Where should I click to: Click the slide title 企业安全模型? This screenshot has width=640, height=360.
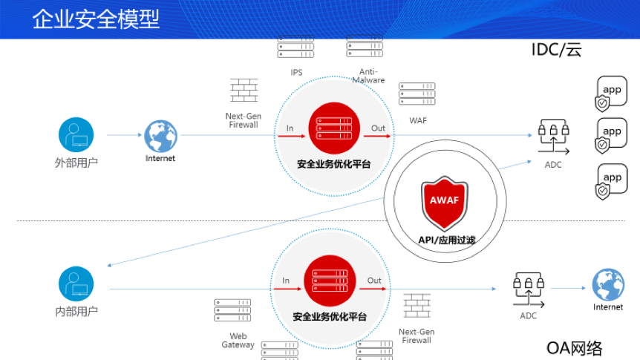pos(96,19)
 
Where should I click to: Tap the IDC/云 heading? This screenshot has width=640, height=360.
pos(556,50)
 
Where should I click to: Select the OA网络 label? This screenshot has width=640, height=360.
pos(574,348)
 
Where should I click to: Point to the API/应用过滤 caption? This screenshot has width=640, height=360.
pos(446,240)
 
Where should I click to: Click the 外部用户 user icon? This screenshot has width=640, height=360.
pos(76,134)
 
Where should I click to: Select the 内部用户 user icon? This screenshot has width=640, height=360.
pos(76,284)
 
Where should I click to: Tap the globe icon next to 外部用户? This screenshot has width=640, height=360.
pos(160,136)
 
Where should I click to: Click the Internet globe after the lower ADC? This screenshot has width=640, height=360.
pos(608,284)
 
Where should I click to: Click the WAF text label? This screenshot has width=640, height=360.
pos(418,120)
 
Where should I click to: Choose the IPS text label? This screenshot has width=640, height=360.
pos(296,72)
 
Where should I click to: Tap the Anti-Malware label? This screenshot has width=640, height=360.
pos(368,76)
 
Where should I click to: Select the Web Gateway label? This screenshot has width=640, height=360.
pos(238,341)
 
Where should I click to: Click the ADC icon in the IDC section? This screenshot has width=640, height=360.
pos(553,137)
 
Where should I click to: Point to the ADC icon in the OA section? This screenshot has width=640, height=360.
pos(529,289)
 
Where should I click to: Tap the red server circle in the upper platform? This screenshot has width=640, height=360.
pos(334,128)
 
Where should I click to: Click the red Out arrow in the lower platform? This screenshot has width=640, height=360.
pos(373,289)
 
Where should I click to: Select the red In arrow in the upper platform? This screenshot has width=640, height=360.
pos(292,136)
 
